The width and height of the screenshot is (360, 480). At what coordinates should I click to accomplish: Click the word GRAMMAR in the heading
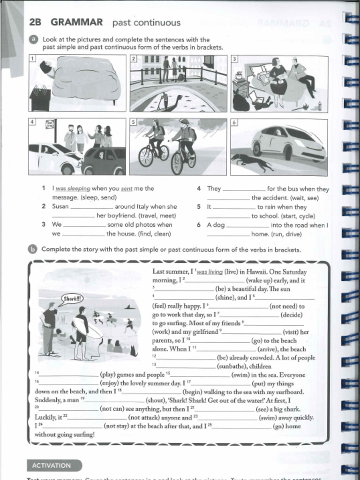[x=76, y=22]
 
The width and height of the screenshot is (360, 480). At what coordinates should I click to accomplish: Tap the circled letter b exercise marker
[x=33, y=249]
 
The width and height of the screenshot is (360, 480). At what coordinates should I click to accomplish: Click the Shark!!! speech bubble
[x=71, y=298]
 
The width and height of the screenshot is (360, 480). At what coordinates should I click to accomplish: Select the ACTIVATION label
[x=52, y=465]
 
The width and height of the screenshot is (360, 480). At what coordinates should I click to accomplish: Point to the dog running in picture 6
[x=252, y=162]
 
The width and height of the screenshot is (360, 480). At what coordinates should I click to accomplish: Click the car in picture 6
[x=288, y=143]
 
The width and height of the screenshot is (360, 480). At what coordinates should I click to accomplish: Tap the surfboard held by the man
[x=89, y=329]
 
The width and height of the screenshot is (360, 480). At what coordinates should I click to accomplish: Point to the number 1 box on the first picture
[x=32, y=59]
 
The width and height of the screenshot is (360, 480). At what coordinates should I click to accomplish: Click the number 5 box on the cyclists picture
[x=133, y=122]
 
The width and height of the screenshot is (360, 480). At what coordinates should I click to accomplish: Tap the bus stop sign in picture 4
[x=50, y=125]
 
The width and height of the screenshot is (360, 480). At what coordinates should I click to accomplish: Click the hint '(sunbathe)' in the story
[x=233, y=366]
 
